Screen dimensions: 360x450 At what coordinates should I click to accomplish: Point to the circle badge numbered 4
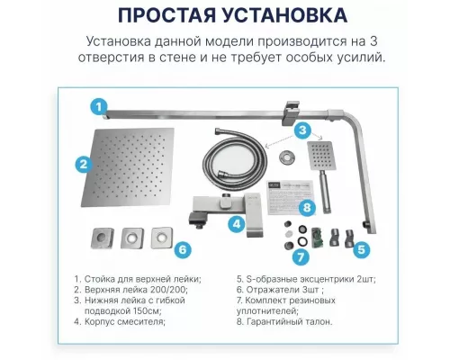pos(237,224)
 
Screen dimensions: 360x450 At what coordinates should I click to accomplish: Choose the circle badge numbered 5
pos(360,250)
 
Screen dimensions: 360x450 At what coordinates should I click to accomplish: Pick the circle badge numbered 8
pos(306,209)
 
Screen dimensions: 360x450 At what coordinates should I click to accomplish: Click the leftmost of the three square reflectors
pos(101,238)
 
